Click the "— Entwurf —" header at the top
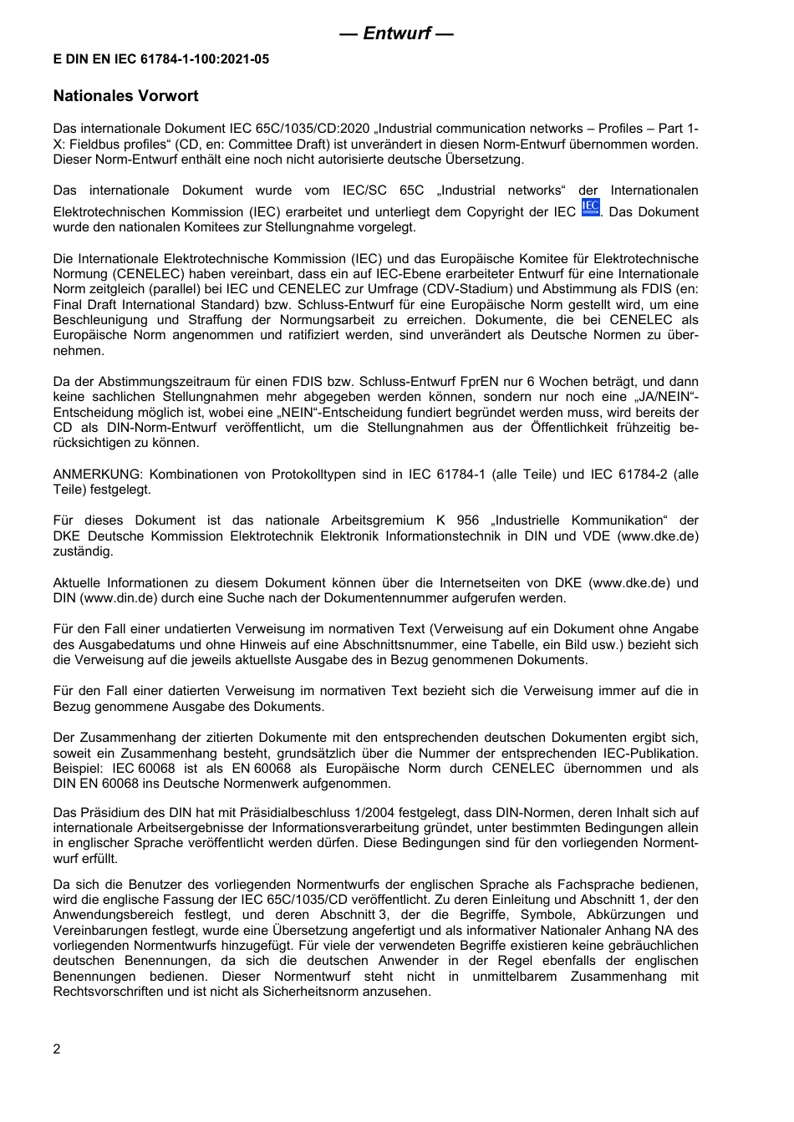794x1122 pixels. [397, 33]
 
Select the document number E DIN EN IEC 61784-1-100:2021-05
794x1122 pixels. [161, 59]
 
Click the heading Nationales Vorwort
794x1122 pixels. [125, 96]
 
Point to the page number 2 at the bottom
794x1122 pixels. [57, 1049]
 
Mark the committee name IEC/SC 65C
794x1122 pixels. [384, 190]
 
